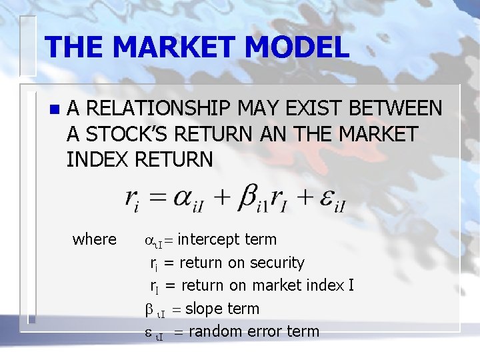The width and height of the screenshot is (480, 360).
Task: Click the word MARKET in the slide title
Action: (x=175, y=47)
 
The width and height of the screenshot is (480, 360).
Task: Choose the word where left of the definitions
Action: (x=94, y=239)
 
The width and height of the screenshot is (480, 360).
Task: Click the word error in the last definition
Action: (x=265, y=331)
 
